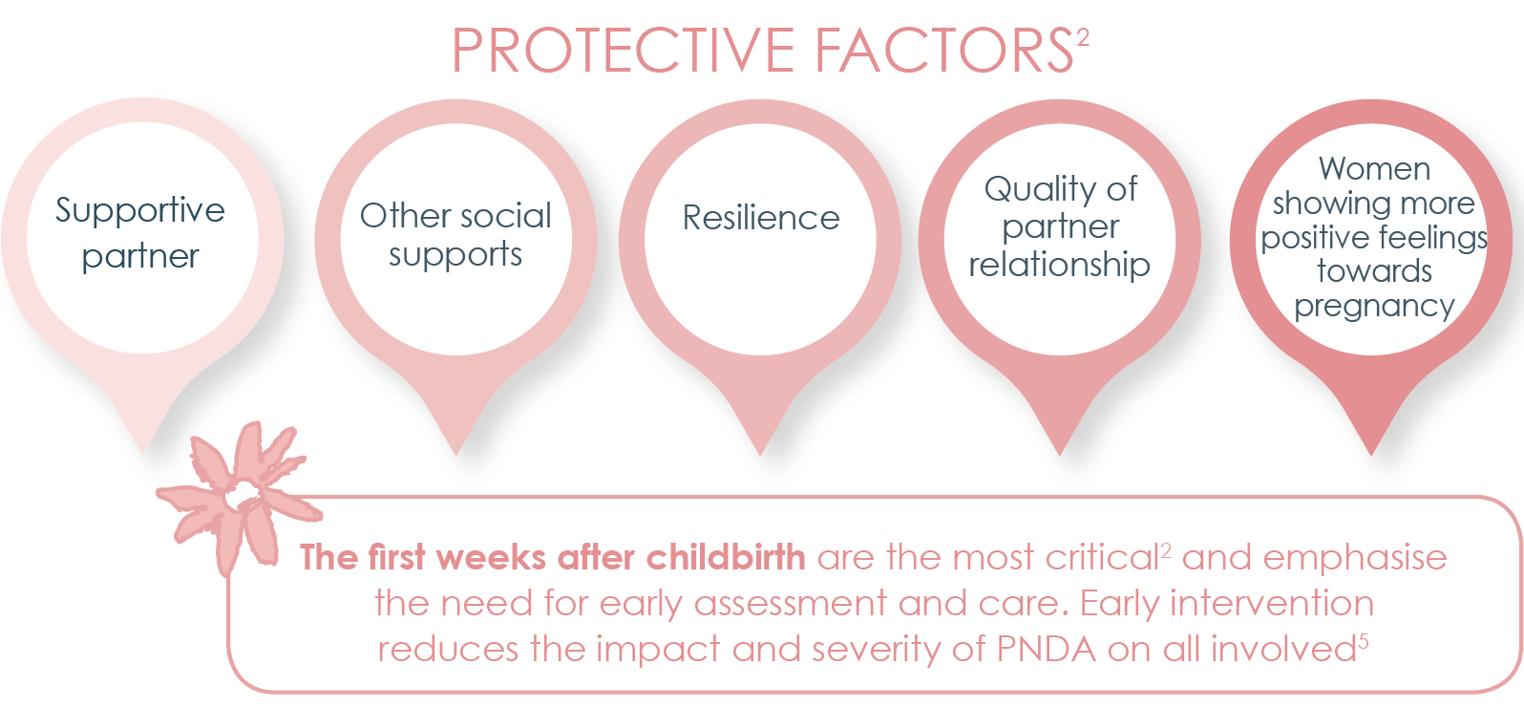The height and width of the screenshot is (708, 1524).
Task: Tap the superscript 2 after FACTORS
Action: point(1083,38)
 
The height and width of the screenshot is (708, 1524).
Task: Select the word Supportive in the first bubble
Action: point(140,211)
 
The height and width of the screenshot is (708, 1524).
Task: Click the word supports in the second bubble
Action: point(455,256)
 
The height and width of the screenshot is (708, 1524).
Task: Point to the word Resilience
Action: point(761,218)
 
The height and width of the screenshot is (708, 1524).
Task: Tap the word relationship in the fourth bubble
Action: point(1059,265)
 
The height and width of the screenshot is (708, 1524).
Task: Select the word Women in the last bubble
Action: point(1374,169)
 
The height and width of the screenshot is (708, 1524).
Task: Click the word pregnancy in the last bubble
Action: point(1374,307)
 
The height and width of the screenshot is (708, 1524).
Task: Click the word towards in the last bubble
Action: point(1374,271)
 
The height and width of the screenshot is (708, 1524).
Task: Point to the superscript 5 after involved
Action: point(1364,640)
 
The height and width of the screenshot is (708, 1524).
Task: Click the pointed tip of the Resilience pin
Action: point(761,451)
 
